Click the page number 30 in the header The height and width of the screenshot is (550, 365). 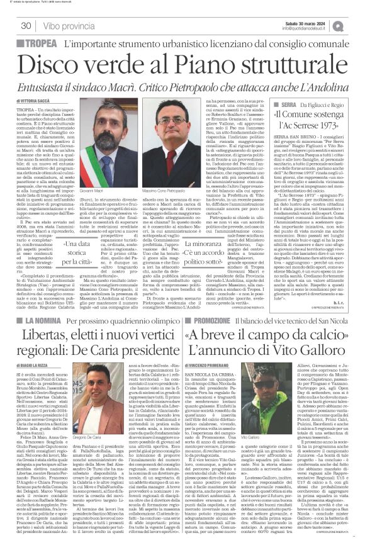(x=26, y=26)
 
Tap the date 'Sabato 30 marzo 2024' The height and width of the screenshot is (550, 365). (x=305, y=23)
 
